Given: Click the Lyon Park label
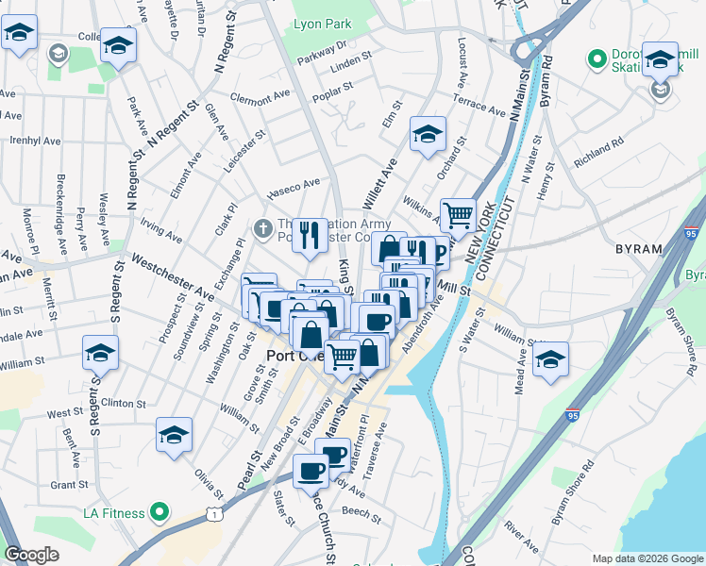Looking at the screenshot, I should coord(321,23).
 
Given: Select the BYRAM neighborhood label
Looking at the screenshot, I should coord(638,249).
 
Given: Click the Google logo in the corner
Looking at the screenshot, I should coord(31,555).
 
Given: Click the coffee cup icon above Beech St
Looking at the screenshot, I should coord(311,470).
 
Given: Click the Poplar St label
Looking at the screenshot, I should coord(334,89).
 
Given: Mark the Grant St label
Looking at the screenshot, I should coord(69,485).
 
